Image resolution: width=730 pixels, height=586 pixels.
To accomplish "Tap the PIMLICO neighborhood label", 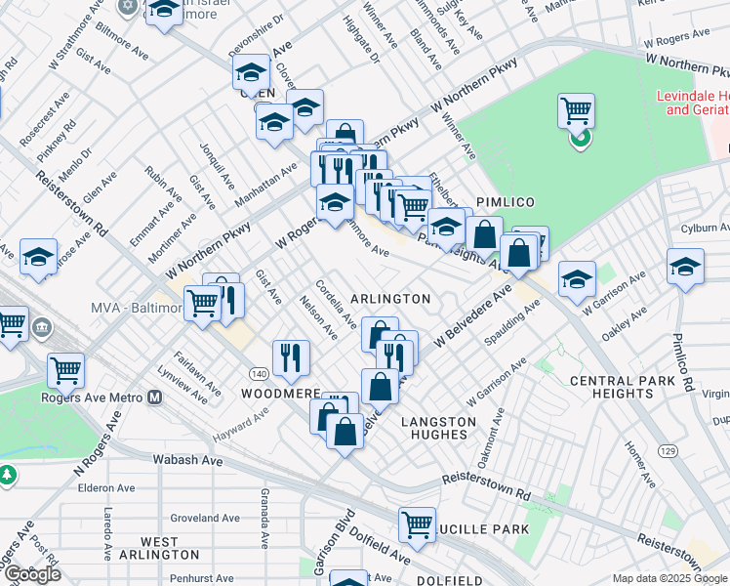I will point(501,200).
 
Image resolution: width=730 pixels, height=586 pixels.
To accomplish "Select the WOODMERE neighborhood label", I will point(281,393).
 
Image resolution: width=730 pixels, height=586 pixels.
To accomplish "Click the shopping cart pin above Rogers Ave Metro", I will point(65,370).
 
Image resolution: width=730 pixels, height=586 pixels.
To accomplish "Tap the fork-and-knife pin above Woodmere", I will point(291,357).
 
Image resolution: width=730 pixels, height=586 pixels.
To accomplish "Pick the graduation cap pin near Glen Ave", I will point(38,257).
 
